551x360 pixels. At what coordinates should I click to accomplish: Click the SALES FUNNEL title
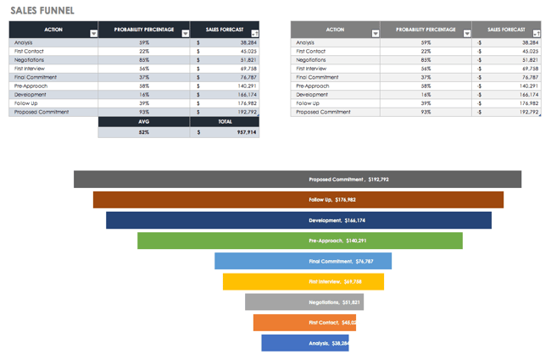[42, 10]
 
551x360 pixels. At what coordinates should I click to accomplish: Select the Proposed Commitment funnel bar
[297, 180]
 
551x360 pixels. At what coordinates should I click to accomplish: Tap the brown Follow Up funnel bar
[298, 200]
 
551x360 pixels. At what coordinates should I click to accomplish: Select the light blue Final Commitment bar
[303, 261]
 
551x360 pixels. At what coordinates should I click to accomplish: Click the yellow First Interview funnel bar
[303, 281]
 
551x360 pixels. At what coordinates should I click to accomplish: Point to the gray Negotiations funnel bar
[303, 302]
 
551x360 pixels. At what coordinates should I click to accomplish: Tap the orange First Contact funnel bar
[303, 322]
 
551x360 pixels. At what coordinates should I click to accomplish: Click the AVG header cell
[144, 121]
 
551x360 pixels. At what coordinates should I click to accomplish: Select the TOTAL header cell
[225, 121]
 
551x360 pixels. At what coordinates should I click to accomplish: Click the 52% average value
[144, 132]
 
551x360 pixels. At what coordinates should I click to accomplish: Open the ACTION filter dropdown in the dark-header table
[93, 33]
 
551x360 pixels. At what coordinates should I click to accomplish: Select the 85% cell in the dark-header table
[144, 59]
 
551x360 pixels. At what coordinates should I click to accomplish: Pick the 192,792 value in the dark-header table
[241, 112]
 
